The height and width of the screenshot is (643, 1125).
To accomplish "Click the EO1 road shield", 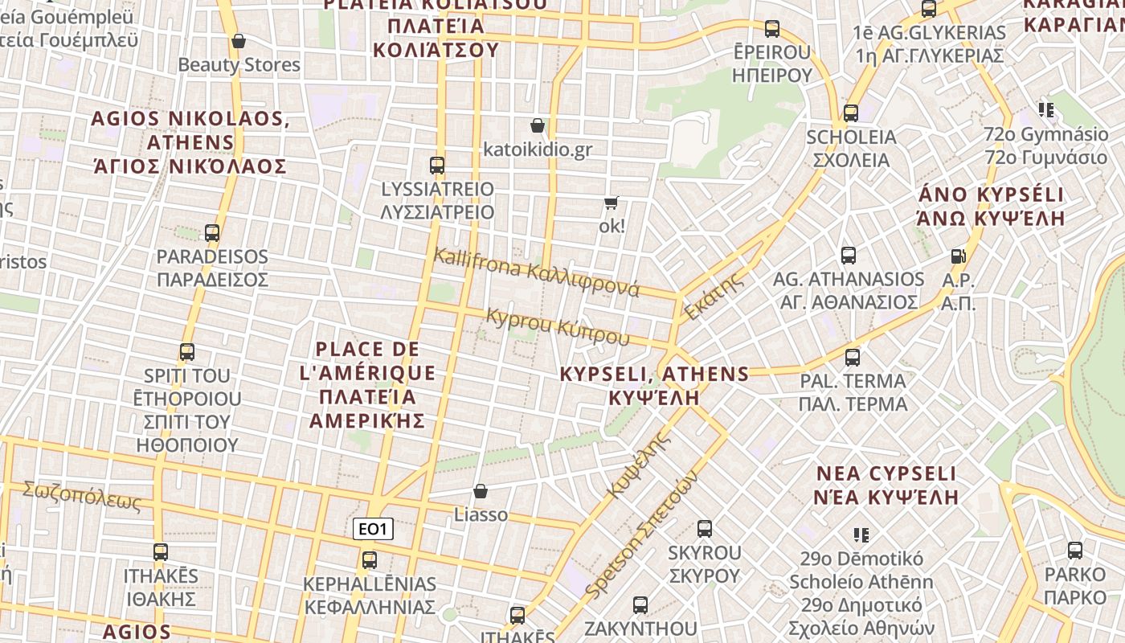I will point(373,529).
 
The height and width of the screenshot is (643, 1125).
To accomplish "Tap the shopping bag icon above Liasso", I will point(481,491).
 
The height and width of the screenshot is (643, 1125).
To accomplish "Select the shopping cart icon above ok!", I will point(612,203).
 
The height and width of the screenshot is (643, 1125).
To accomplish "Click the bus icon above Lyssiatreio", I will point(437,166).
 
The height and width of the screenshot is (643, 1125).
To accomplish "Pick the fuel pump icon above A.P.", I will point(958,256).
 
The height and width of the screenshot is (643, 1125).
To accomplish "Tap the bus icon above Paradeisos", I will point(212,233).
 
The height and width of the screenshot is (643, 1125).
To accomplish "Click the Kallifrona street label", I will point(536,272).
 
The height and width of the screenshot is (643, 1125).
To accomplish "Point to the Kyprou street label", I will point(558,326).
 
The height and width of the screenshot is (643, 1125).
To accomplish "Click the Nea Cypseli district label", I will point(886,485).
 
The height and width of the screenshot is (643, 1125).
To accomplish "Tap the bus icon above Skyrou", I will point(705,529).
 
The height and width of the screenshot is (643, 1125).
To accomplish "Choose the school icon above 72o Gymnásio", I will point(1045,110).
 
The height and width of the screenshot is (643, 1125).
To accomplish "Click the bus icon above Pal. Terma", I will point(853,357).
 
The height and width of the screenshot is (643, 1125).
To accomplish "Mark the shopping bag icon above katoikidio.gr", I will point(538,126).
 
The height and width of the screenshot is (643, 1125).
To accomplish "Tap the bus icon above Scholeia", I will point(851,113).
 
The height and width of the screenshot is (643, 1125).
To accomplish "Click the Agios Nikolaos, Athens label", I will point(190,142).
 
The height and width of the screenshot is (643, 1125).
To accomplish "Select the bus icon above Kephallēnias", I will point(370,560).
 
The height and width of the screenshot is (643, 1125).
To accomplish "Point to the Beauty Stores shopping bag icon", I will point(238,41).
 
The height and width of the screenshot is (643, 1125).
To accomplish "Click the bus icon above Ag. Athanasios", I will point(849,256).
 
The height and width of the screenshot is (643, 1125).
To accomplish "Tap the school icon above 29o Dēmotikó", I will point(861,534).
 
